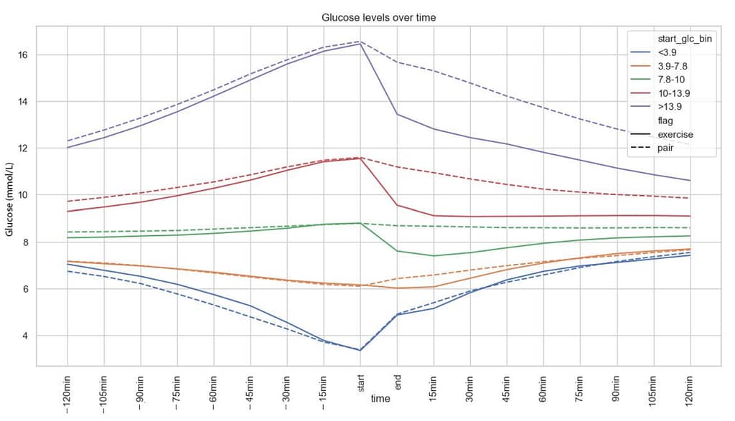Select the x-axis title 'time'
pyautogui.click(x=380, y=399)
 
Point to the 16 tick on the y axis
pyautogui.click(x=22, y=55)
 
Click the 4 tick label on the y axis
pyautogui.click(x=22, y=336)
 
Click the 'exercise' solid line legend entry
pyautogui.click(x=675, y=134)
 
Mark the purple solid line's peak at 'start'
pyautogui.click(x=360, y=44)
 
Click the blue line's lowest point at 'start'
pyautogui.click(x=360, y=350)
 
